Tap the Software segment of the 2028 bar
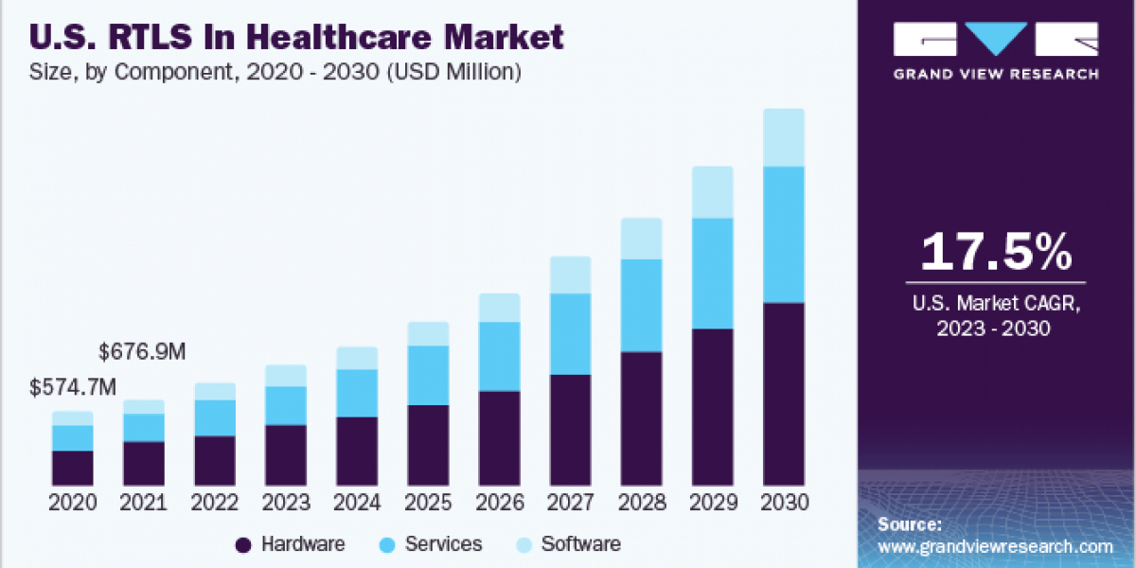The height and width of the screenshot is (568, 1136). coord(641,239)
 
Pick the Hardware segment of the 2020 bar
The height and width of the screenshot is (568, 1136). coord(73,468)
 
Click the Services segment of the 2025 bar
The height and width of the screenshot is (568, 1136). coord(428,375)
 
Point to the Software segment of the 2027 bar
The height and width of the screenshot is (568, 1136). coord(570,275)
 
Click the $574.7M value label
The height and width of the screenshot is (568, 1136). coord(73,387)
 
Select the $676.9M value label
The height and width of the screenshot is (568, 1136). coord(142,352)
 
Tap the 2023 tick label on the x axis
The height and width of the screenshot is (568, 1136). coord(286,503)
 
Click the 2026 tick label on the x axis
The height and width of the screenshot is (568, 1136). coord(499,503)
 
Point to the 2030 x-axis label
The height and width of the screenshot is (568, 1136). coord(783,503)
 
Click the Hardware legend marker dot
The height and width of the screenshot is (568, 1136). coord(243,544)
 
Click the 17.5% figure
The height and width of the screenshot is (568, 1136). coord(996,252)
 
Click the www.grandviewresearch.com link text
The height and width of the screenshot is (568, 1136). coord(995,546)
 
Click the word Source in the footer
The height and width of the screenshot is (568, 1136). coord(909,524)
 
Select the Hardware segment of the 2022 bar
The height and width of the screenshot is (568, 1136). coord(215,461)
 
